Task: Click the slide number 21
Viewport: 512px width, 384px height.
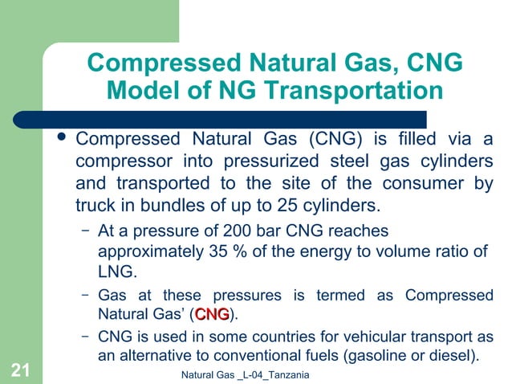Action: [x=21, y=370]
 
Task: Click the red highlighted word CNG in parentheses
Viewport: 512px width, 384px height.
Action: [x=212, y=313]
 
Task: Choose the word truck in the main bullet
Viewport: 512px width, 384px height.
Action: [x=95, y=204]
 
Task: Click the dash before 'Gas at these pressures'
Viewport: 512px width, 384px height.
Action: [x=86, y=294]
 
